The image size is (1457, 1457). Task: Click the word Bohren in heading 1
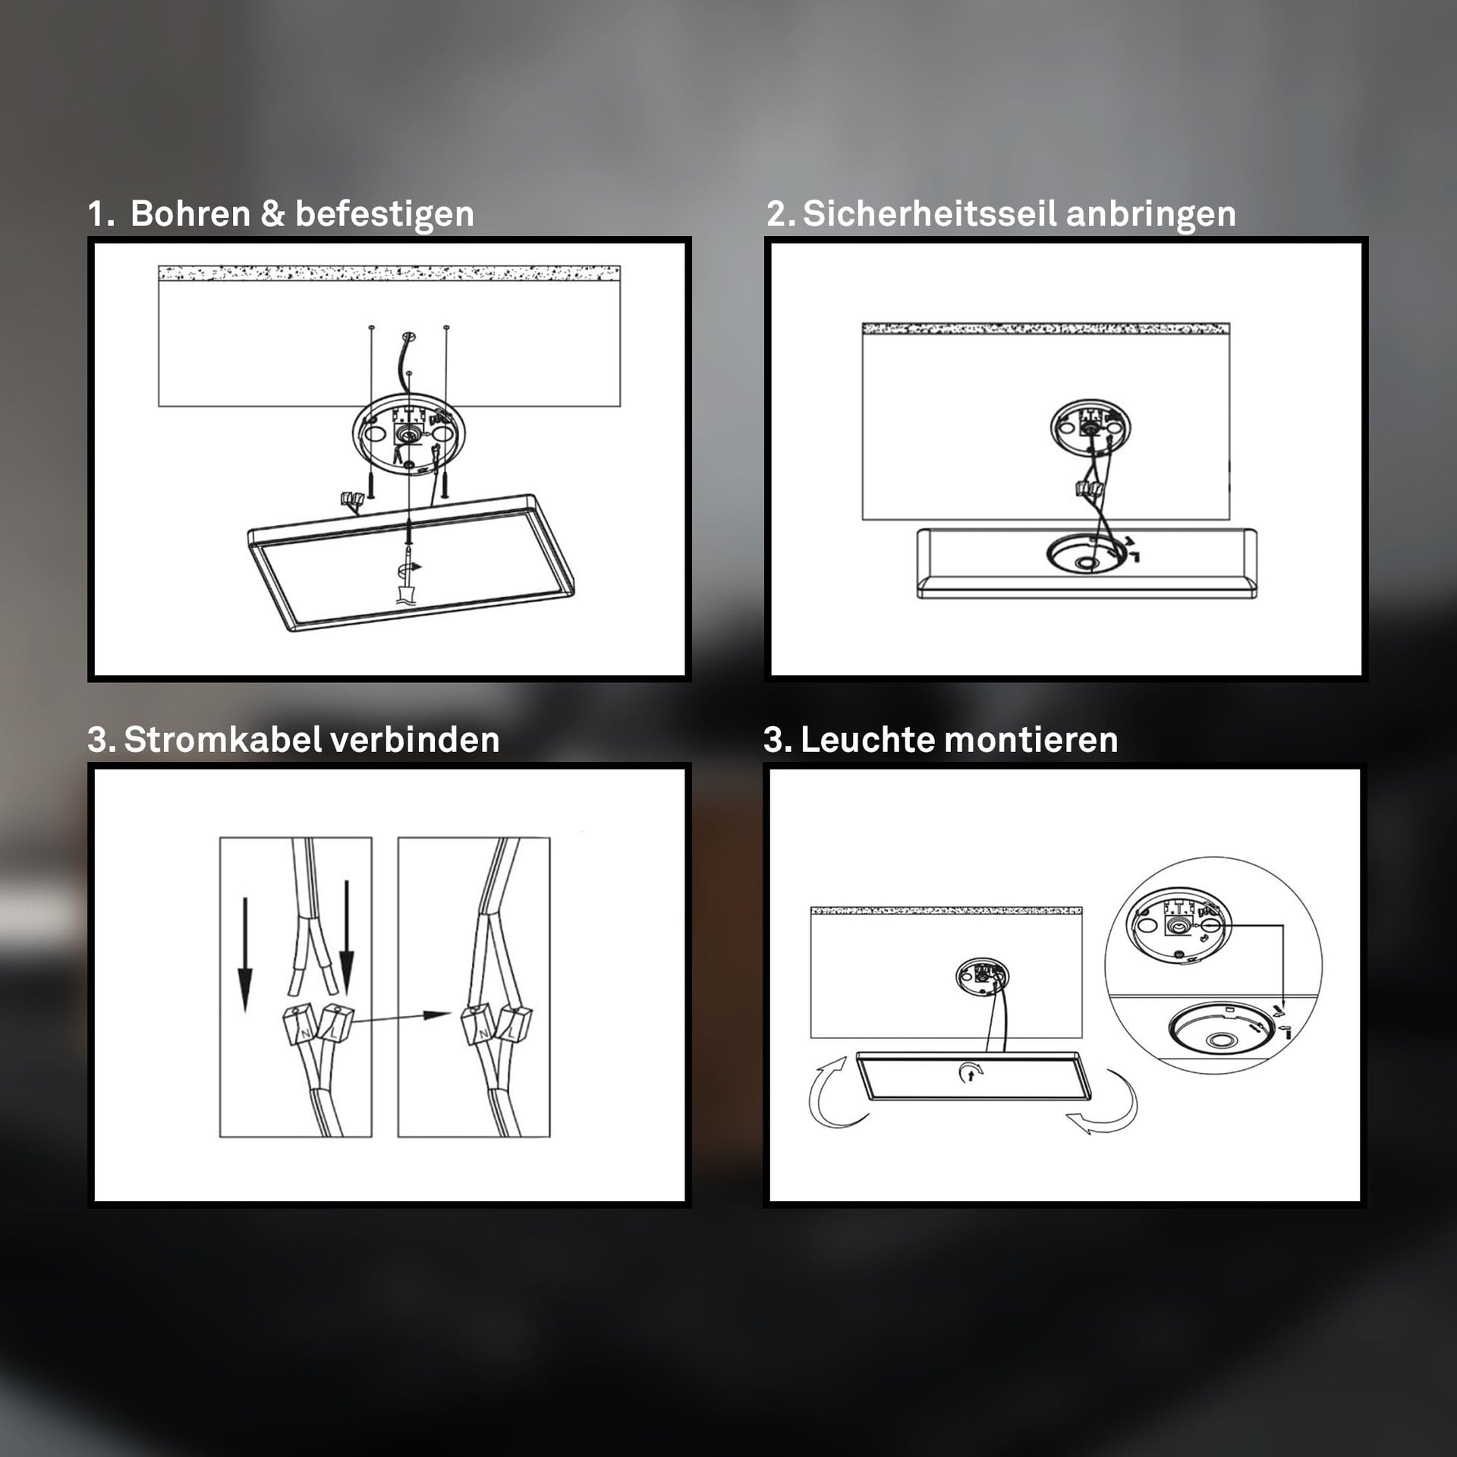(x=190, y=214)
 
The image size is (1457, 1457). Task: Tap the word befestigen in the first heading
(x=385, y=216)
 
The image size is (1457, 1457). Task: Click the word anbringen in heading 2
(x=1150, y=216)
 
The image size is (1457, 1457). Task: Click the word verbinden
(x=405, y=739)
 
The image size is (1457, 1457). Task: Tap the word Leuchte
(x=861, y=739)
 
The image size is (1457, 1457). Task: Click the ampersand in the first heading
(x=272, y=214)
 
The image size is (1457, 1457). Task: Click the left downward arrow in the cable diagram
(x=245, y=954)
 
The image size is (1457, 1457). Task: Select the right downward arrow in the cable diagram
(x=346, y=938)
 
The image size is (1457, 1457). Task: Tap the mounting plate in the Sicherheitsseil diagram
(x=1090, y=428)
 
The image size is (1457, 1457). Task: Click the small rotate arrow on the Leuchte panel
(x=971, y=1072)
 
